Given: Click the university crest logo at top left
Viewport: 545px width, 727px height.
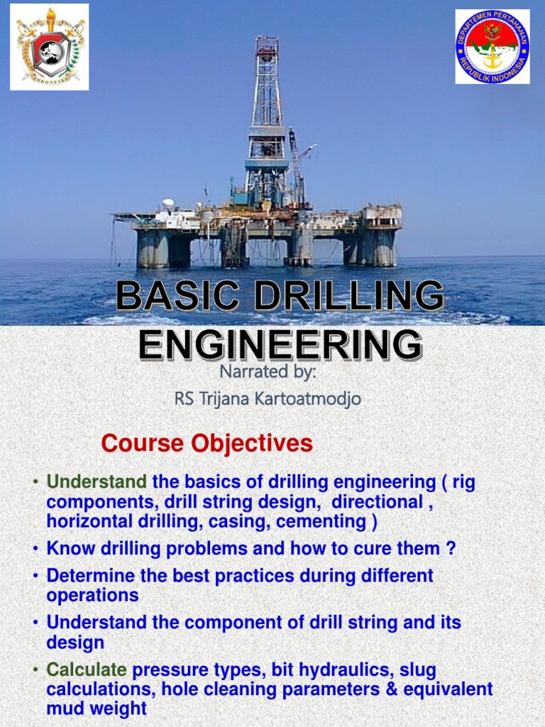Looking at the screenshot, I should [50, 47].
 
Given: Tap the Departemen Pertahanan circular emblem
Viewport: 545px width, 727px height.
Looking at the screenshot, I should [492, 47].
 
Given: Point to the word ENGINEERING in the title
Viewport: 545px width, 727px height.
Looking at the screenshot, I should [280, 345].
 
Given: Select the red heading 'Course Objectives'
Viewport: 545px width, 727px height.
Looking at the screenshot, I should [207, 444].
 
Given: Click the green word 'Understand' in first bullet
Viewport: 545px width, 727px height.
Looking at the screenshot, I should [97, 483].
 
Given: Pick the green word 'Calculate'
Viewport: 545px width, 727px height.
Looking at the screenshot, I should [87, 670].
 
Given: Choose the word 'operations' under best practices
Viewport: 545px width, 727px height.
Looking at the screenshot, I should [92, 595].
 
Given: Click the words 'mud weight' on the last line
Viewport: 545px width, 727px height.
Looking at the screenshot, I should [97, 709].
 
